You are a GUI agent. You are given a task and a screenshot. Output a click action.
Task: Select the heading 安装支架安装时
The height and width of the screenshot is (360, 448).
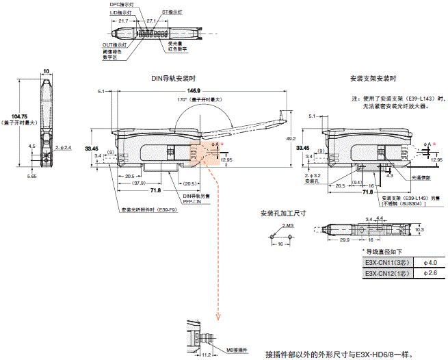pyautogui.click(x=373, y=78)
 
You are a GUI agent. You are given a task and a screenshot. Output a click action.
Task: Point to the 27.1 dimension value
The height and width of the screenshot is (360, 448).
pyautogui.click(x=152, y=21)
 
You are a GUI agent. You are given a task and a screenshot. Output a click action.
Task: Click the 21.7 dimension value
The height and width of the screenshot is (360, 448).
pyautogui.click(x=124, y=21)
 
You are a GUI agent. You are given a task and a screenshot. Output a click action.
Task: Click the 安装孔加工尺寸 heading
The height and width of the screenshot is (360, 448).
pyautogui.click(x=283, y=213)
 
